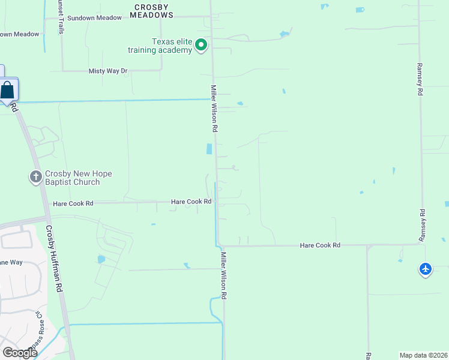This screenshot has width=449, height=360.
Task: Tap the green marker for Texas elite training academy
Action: tap(202, 45)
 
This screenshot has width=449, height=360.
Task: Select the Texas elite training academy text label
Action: tap(172, 46)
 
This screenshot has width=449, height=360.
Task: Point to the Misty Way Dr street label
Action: tap(109, 71)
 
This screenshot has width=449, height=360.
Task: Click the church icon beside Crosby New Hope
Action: tap(35, 177)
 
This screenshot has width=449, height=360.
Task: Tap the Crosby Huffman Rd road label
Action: tap(55, 259)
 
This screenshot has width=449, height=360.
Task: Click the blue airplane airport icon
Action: tap(426, 269)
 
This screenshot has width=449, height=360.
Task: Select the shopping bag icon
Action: tap(8, 91)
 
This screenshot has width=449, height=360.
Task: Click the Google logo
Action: tap(20, 353)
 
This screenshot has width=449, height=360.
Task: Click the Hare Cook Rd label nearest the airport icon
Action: tap(320, 245)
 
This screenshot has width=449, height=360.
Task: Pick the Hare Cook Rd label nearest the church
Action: tap(73, 203)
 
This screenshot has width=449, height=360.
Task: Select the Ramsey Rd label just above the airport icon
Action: tap(422, 225)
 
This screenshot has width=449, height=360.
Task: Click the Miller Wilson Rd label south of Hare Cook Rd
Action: tap(223, 276)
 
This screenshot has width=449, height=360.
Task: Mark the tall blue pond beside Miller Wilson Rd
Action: tap(209, 149)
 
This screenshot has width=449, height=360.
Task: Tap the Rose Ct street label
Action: tap(40, 326)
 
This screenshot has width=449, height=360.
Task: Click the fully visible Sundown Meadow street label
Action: tap(94, 18)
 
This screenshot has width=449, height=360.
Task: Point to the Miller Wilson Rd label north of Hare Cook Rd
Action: tap(213, 108)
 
